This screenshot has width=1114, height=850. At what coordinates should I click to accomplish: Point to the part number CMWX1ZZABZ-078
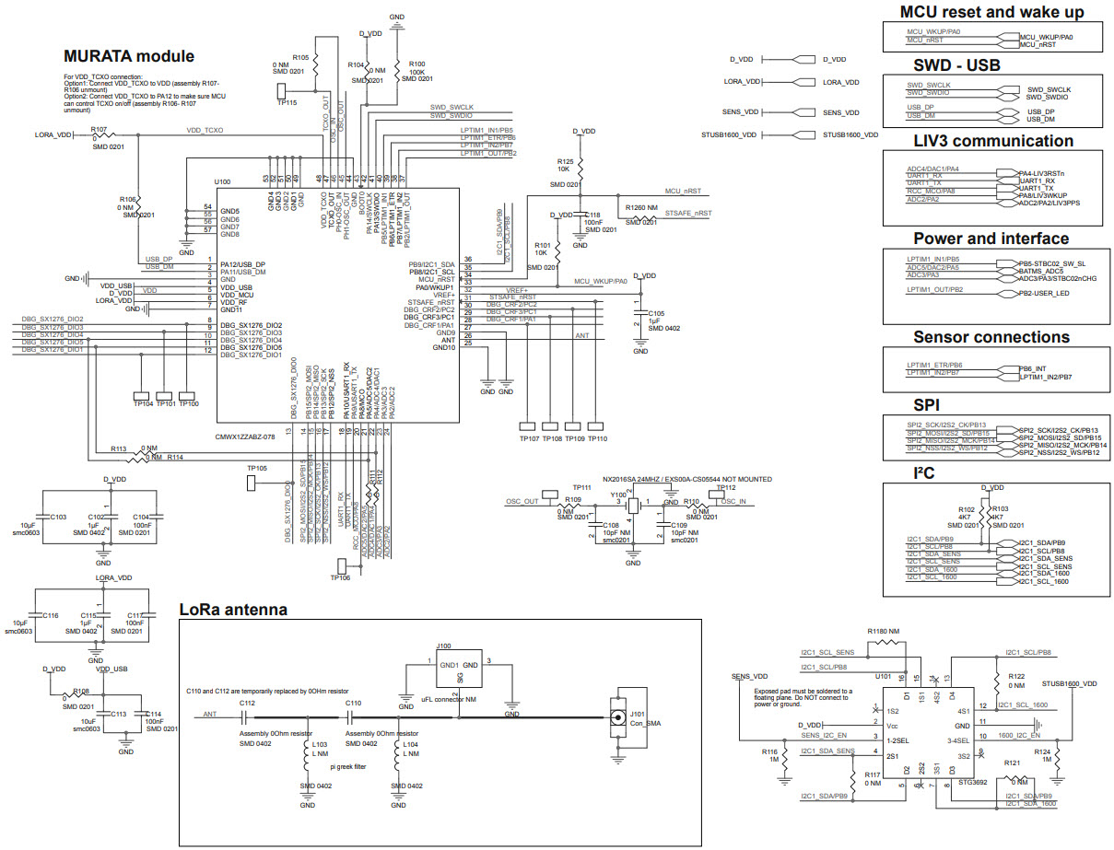(x=244, y=437)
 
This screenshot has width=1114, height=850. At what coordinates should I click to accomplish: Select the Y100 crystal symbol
(x=634, y=505)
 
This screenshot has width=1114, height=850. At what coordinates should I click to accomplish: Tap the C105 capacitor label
(x=656, y=313)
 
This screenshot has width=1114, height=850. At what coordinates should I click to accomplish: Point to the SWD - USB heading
(x=991, y=65)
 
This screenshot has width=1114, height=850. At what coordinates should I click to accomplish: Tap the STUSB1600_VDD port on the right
(x=850, y=135)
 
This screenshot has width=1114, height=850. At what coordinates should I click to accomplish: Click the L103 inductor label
(x=321, y=744)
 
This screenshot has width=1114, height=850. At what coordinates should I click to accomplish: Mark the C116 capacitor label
(x=51, y=614)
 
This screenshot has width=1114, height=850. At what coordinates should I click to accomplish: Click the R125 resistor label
(x=565, y=162)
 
